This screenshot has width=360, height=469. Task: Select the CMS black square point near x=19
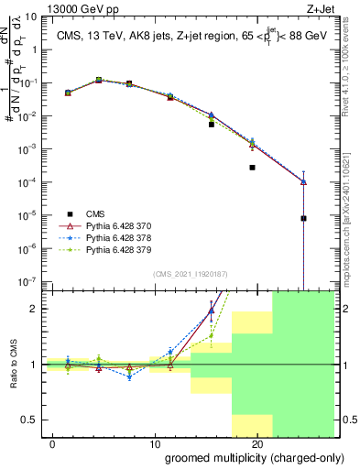pos(252,168)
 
